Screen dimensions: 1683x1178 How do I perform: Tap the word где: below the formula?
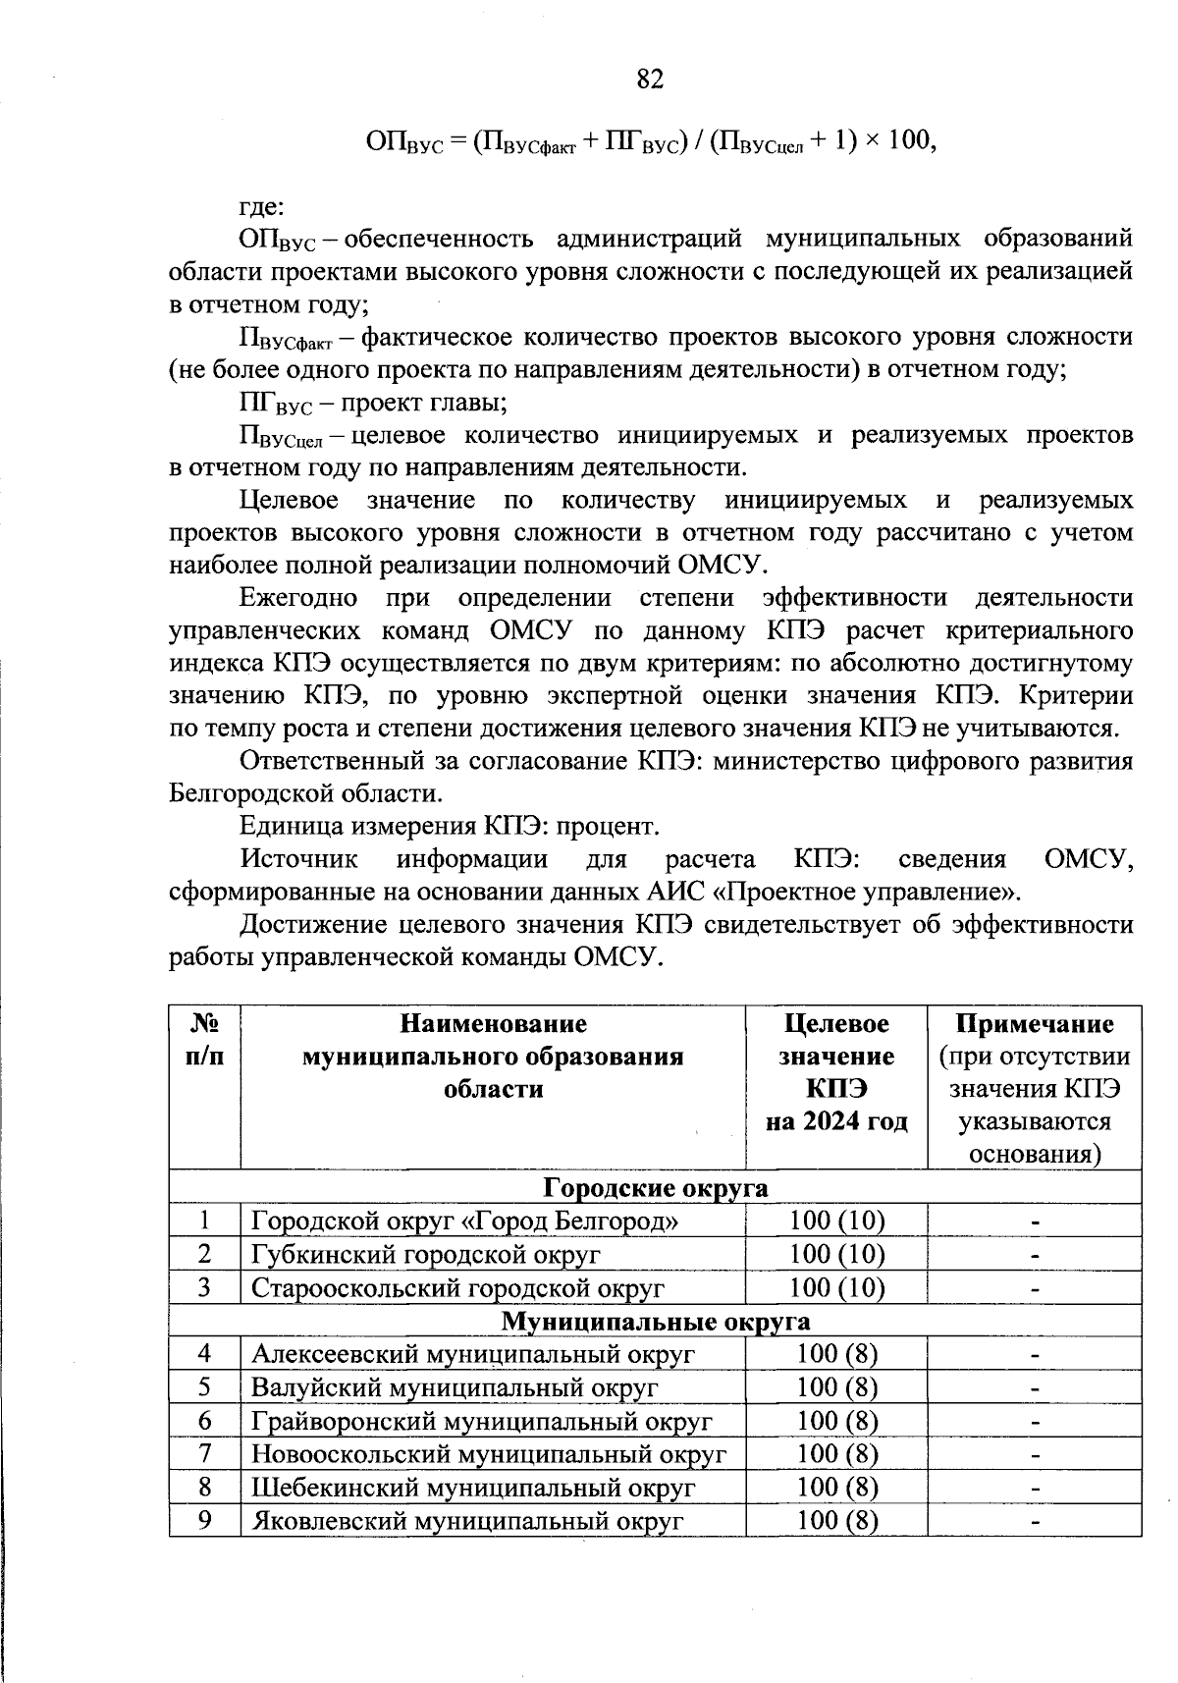262,207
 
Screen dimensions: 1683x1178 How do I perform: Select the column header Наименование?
493,1024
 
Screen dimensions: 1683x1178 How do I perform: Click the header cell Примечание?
1035,1024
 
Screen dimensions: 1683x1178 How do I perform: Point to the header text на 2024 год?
836,1121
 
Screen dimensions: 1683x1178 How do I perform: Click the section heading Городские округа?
655,1188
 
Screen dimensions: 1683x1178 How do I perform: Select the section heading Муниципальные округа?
655,1322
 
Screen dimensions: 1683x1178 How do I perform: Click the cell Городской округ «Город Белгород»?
465,1222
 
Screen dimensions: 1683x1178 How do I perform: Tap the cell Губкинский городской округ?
426,1255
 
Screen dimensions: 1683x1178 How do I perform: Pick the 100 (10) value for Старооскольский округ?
836,1288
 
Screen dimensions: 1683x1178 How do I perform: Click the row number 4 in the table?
204,1354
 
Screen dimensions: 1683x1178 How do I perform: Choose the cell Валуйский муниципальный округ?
455,1387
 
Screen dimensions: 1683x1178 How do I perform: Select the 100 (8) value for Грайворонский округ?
836,1421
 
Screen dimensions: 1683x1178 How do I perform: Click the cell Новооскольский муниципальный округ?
489,1454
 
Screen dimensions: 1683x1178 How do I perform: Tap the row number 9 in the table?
204,1520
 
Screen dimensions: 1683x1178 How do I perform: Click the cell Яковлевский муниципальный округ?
466,1521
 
